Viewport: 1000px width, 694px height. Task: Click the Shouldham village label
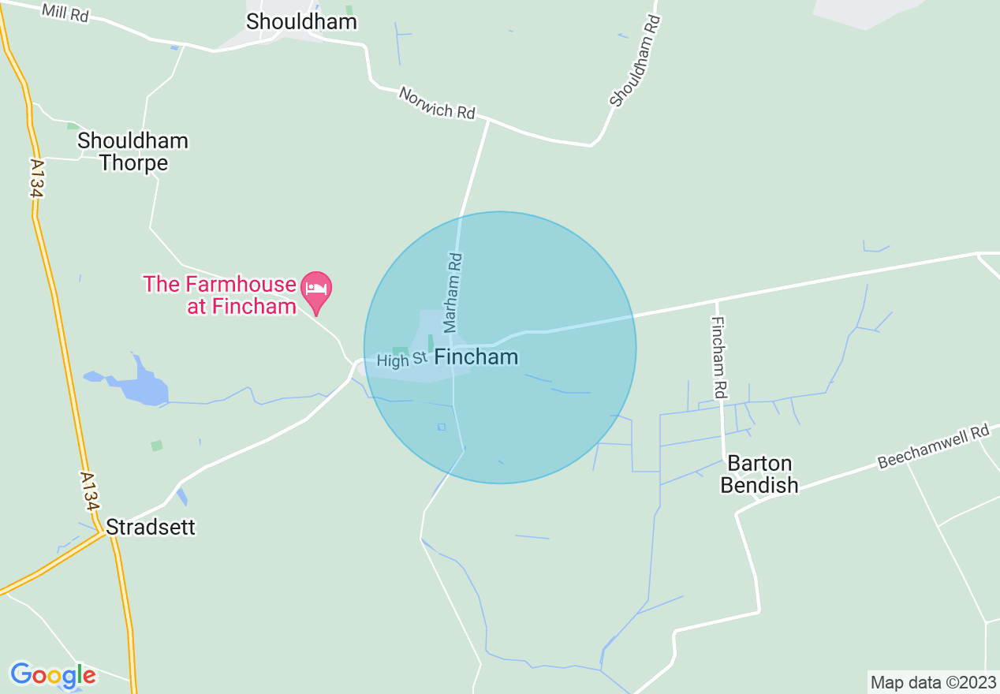[x=301, y=21]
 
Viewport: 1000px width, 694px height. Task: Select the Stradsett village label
[x=150, y=526]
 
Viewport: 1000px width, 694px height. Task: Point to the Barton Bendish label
[x=759, y=474]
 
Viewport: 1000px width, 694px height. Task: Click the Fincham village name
[x=476, y=357]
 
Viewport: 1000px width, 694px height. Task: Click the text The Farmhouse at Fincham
[x=219, y=295]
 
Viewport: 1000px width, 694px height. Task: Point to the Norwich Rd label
[x=437, y=103]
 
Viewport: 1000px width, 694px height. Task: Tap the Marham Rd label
[x=452, y=292]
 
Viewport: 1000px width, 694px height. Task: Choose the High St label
[x=402, y=360]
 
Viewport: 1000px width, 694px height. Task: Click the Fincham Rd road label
[x=718, y=357]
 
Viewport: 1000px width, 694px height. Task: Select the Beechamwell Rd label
[x=933, y=447]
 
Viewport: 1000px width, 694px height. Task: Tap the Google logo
[x=53, y=675]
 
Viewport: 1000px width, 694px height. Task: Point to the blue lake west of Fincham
[x=140, y=386]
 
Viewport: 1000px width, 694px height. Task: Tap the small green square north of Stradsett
[x=157, y=446]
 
